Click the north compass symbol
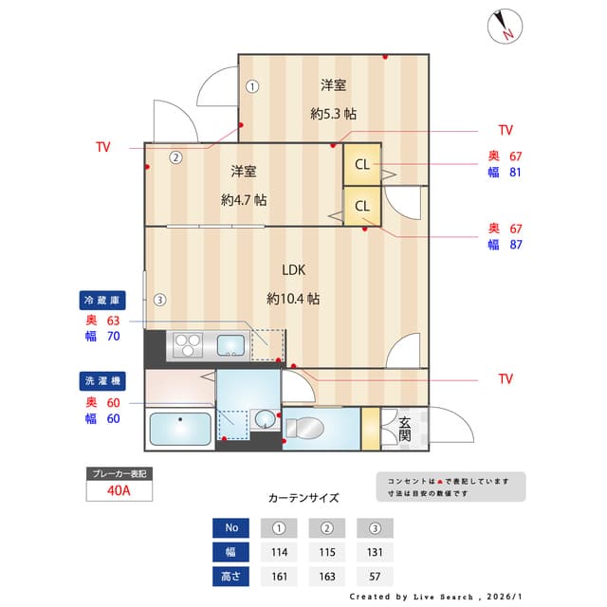click(x=504, y=27)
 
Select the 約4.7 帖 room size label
click(x=244, y=200)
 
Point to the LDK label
click(x=293, y=268)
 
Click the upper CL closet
click(x=362, y=164)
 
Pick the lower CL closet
click(x=362, y=206)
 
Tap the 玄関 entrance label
click(x=404, y=429)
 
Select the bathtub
click(x=181, y=430)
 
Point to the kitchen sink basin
click(x=230, y=344)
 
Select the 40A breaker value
click(x=120, y=491)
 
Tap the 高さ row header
click(x=231, y=576)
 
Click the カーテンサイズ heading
click(x=303, y=498)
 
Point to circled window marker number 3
click(x=160, y=301)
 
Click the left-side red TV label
click(x=102, y=147)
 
